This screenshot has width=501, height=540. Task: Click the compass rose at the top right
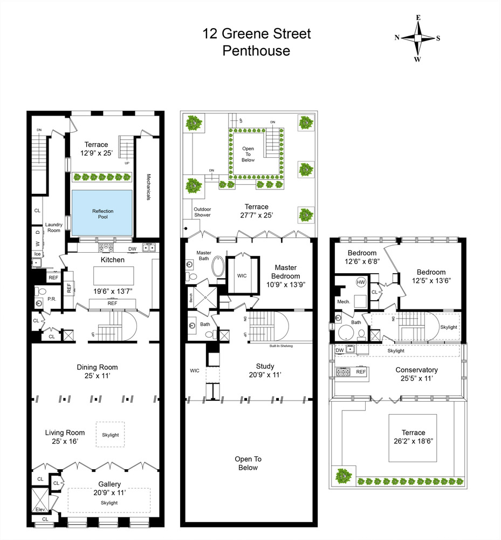click(x=417, y=38)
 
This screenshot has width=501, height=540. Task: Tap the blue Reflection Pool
click(x=102, y=213)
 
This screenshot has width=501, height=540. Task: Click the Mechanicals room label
click(x=148, y=187)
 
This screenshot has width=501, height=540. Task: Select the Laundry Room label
click(x=53, y=227)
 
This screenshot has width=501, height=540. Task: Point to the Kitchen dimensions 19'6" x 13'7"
click(x=113, y=292)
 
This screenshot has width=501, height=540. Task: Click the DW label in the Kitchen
click(x=132, y=249)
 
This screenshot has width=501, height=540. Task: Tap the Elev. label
click(x=40, y=509)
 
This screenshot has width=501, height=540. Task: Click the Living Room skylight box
click(x=110, y=434)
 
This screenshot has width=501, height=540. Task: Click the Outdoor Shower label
click(x=202, y=212)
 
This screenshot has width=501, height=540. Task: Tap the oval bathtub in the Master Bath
click(x=217, y=266)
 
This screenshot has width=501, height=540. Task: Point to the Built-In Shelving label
click(x=282, y=346)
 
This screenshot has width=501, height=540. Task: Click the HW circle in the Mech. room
click(x=361, y=282)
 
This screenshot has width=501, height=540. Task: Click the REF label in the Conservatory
click(x=361, y=372)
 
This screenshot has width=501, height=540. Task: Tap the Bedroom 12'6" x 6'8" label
click(x=362, y=257)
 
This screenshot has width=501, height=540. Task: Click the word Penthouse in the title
click(x=256, y=51)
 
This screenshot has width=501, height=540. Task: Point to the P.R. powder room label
click(x=52, y=299)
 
